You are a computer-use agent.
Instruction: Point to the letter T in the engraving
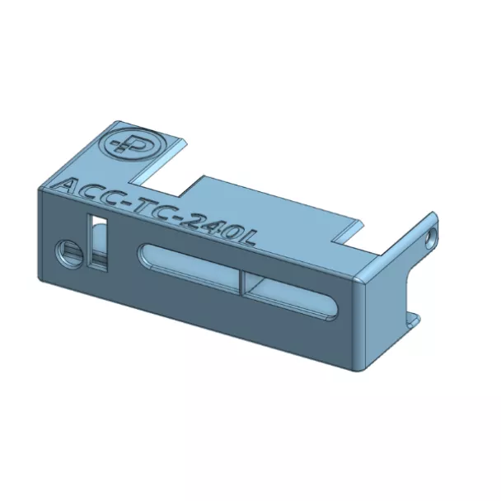click(146, 207)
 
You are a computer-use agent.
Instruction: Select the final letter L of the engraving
click(248, 238)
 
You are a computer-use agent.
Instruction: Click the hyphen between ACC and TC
click(129, 203)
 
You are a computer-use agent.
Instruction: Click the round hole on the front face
click(68, 252)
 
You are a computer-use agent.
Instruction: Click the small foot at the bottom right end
click(412, 319)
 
